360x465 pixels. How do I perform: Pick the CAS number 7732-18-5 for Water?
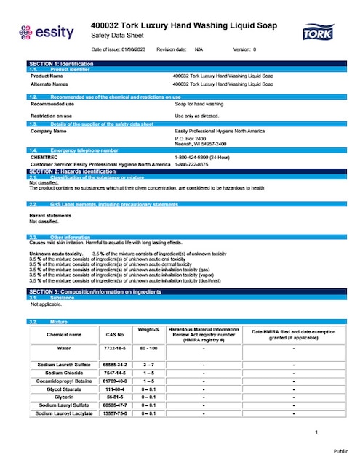pyautogui.click(x=116, y=348)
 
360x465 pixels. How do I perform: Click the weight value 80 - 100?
pyautogui.click(x=148, y=348)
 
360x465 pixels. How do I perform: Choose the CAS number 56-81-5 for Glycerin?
pyautogui.click(x=116, y=397)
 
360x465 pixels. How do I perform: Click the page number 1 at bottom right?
pyautogui.click(x=317, y=434)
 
